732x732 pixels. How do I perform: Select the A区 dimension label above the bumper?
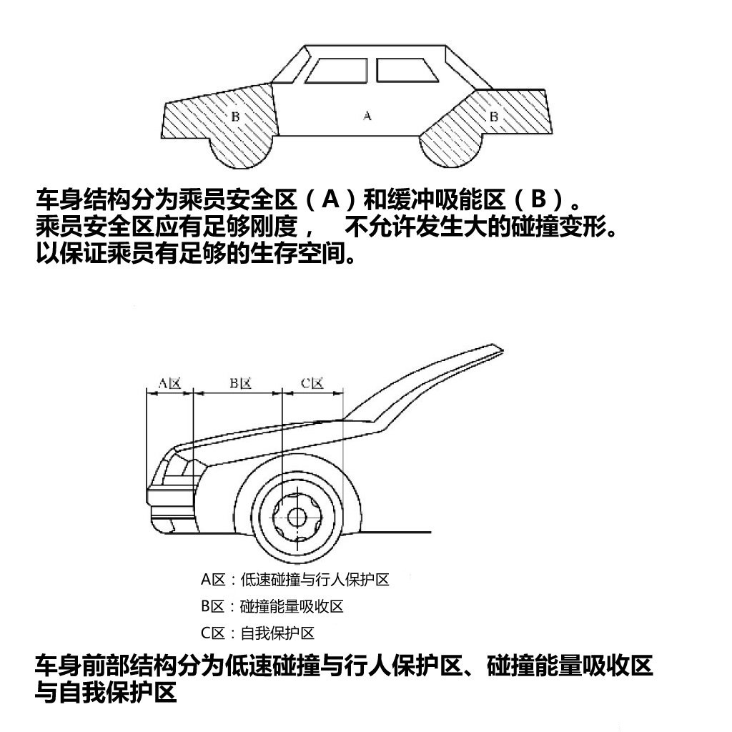[169, 383]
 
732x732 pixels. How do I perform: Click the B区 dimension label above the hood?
[240, 383]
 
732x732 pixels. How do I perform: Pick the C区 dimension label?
[312, 383]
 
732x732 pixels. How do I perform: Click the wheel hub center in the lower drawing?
[295, 517]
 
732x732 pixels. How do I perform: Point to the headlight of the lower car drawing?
[179, 468]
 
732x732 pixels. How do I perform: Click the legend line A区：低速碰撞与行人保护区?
[295, 580]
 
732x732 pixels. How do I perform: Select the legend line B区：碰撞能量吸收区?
[272, 606]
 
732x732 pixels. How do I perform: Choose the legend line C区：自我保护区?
[257, 633]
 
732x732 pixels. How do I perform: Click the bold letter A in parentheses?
[330, 200]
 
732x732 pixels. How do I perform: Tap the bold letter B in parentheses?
[538, 200]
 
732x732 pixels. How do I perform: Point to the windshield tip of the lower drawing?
[501, 348]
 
